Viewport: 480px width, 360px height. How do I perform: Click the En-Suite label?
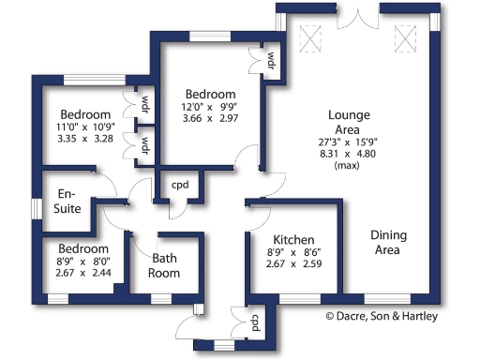point(67,202)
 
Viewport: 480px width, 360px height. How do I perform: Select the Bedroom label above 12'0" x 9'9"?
point(209,94)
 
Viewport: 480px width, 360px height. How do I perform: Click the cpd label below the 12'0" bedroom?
point(180,185)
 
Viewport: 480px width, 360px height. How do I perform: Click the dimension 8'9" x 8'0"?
point(82,261)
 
